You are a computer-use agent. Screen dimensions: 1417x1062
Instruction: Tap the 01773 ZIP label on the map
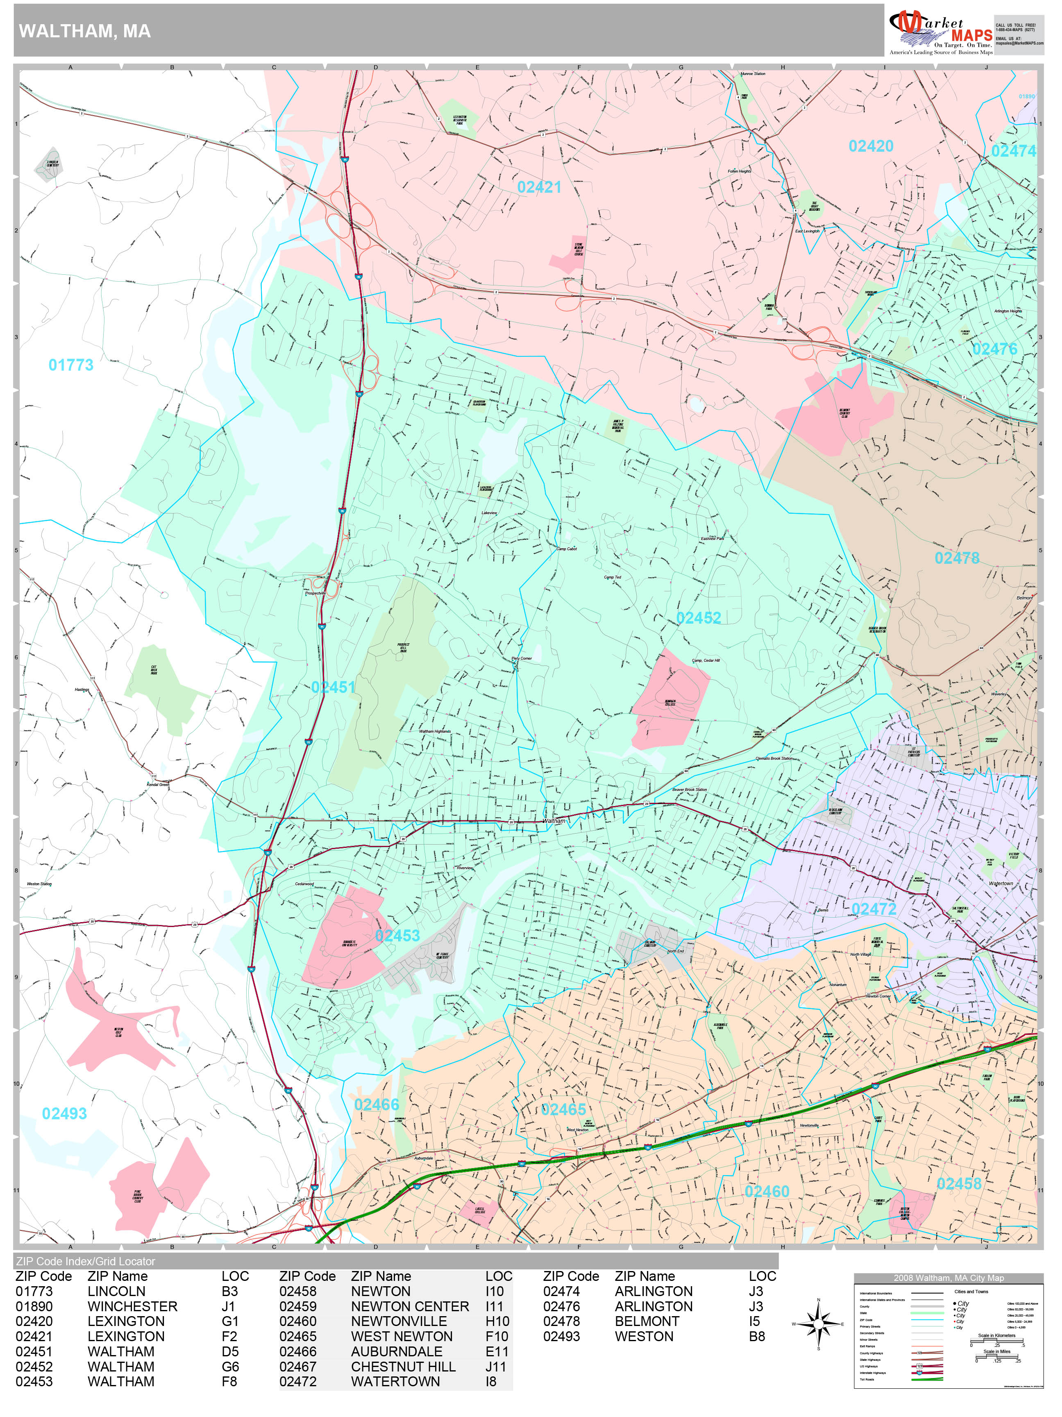(x=71, y=365)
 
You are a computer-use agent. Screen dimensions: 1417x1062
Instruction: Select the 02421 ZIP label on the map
(x=539, y=187)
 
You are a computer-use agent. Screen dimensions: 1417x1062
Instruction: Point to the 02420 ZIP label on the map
(x=871, y=146)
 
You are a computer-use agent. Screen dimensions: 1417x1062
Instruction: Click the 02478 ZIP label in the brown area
(x=956, y=558)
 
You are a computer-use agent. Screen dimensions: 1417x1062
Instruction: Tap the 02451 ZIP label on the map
(x=333, y=687)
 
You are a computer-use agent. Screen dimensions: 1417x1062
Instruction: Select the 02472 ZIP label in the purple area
(x=874, y=909)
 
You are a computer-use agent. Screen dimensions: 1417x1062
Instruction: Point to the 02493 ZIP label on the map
(x=64, y=1113)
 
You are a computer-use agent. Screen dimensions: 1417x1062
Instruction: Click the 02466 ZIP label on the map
(x=377, y=1105)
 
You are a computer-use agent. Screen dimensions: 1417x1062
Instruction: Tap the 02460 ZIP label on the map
(x=766, y=1191)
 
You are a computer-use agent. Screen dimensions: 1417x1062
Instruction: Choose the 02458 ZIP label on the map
(x=958, y=1184)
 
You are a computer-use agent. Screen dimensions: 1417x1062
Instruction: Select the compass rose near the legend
(x=818, y=1324)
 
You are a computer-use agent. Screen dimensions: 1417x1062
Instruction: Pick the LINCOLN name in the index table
(x=116, y=1292)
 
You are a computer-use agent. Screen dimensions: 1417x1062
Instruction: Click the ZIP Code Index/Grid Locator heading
(x=86, y=1261)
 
